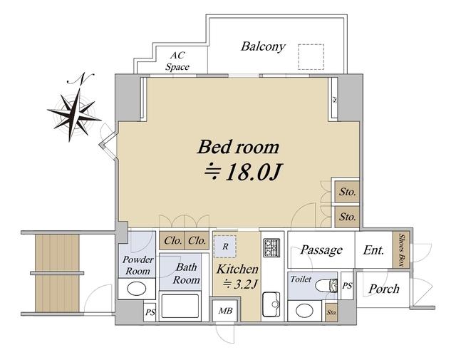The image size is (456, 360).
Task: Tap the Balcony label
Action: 263,46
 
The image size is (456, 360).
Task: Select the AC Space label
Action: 177,61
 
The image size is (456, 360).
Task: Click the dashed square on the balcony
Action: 311,57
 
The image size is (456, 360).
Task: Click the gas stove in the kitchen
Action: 271,248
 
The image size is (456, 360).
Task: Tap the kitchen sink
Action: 271,304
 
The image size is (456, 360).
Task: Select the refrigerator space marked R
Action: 225,247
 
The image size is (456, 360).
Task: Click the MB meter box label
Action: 225,311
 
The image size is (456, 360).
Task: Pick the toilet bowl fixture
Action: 326,285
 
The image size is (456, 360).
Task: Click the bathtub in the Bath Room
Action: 180,306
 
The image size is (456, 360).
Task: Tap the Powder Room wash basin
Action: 137,289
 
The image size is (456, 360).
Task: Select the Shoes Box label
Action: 401,250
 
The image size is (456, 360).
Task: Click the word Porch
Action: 384,289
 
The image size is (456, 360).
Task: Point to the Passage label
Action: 321,250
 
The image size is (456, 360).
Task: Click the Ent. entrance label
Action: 373,250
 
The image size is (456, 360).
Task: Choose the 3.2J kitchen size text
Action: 240,284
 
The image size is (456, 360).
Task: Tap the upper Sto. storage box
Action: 347,192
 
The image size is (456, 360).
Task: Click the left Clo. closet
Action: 172,241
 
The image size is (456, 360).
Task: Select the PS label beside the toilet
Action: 347,286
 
